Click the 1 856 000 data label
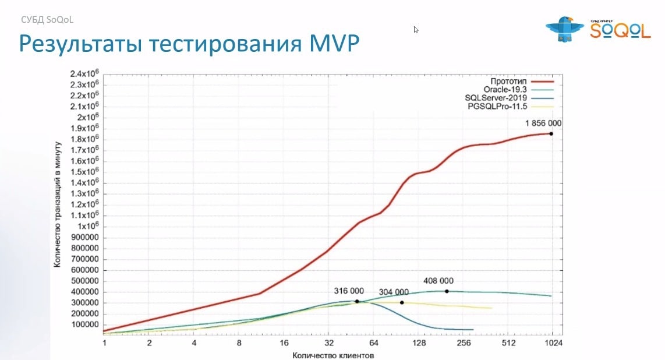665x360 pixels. pos(543,123)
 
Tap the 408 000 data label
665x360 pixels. pos(438,281)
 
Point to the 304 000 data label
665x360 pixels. pos(394,292)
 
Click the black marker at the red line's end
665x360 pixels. pos(551,133)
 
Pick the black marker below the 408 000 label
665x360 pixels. pos(447,291)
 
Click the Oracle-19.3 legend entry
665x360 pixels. pos(505,89)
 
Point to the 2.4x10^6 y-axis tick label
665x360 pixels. pos(86,74)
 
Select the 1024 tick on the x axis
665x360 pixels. pos(553,343)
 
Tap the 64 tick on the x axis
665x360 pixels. pos(374,343)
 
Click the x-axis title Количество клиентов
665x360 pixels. pos(333,354)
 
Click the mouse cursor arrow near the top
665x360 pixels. pos(416,30)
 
